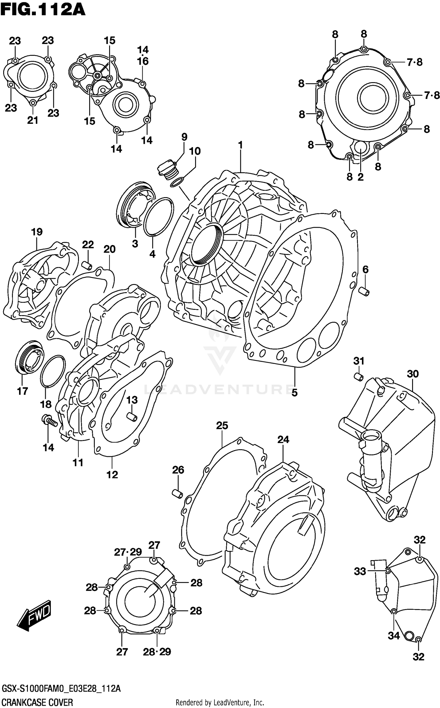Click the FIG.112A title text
click(43, 10)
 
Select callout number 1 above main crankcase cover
click(240, 145)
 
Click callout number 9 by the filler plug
click(184, 137)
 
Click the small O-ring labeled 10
click(177, 182)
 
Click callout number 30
click(412, 374)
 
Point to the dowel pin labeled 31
click(359, 376)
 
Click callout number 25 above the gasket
click(222, 425)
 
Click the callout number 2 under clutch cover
click(360, 177)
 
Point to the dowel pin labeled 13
click(132, 416)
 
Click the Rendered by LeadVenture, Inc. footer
click(220, 700)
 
